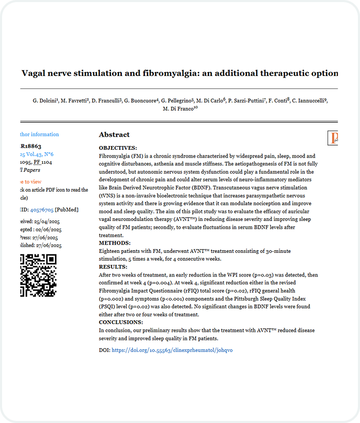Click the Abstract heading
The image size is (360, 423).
(x=114, y=135)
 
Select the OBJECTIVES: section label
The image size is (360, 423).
(x=118, y=148)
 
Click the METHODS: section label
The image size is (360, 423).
(x=115, y=243)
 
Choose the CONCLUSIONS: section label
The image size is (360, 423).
(x=121, y=322)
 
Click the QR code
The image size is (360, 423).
(x=38, y=274)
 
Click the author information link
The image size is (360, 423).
(x=40, y=135)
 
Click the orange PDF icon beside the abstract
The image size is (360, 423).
(x=334, y=138)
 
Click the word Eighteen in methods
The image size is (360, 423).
(x=111, y=251)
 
